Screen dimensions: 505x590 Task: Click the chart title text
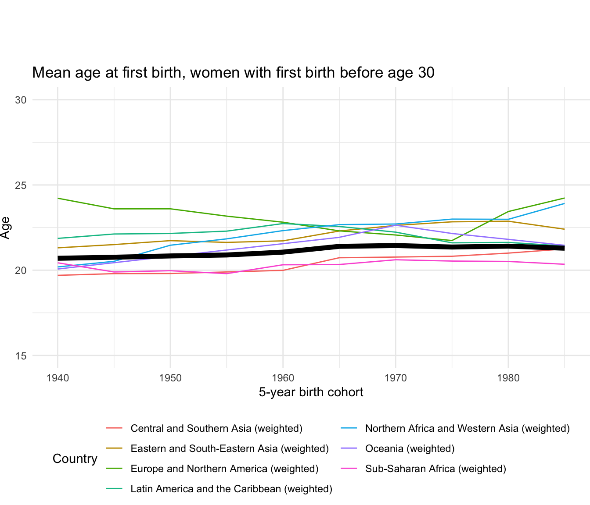pos(233,72)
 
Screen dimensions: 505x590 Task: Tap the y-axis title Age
pos(5,228)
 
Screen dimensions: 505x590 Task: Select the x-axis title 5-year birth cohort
pos(311,392)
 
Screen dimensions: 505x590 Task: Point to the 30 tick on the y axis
pos(21,100)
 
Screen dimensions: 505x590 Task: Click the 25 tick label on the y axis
pos(21,185)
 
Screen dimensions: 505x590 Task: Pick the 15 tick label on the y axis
pos(21,356)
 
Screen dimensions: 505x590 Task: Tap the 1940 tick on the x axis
pos(58,377)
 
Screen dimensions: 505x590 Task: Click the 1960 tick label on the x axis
pos(283,377)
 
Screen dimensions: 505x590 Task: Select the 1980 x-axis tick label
pos(508,377)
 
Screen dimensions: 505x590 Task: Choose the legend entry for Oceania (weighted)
pos(410,448)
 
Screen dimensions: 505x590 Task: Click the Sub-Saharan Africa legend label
pos(435,469)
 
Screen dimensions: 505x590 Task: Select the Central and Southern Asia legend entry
pos(216,428)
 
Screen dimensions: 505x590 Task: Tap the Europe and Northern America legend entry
pos(224,469)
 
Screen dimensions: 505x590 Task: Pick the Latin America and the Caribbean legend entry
pos(231,489)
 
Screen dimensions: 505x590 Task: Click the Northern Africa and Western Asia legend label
pos(467,428)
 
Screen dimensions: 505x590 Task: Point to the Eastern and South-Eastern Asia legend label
pos(230,448)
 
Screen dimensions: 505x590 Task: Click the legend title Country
pos(75,459)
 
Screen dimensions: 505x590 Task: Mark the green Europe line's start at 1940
pos(58,198)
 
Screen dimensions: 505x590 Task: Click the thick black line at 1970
pos(396,245)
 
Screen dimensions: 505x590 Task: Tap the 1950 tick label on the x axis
pos(170,377)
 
